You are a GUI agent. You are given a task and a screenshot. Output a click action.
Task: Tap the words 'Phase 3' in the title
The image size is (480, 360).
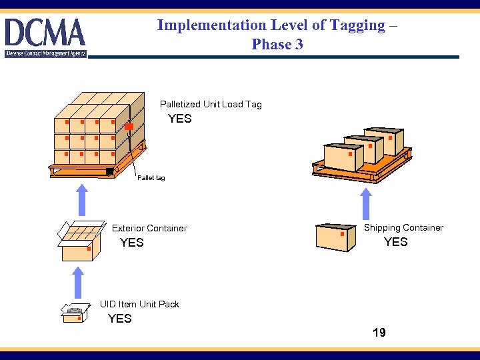tap(277, 45)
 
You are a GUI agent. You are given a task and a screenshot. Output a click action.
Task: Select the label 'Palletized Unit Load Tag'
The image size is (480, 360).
tap(211, 104)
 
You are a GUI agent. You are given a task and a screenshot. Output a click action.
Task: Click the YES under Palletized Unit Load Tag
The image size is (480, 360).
tap(179, 119)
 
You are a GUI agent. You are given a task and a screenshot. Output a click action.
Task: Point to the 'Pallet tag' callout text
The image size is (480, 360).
tap(151, 178)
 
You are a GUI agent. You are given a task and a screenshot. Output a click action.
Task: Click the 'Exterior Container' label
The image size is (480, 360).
tap(149, 228)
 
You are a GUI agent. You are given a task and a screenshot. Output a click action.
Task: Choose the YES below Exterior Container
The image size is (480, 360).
tap(131, 243)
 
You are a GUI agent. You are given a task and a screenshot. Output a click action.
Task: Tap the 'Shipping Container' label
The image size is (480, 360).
tap(403, 227)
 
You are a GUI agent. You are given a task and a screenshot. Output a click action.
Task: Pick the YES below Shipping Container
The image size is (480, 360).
tap(395, 242)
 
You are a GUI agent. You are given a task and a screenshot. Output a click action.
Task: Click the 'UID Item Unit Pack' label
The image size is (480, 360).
tap(139, 304)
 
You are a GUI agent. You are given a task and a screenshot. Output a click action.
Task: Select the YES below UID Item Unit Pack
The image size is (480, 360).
tap(120, 319)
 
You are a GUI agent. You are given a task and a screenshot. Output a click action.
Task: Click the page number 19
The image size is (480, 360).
tap(379, 333)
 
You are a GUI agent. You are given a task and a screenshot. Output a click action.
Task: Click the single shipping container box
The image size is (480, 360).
tap(333, 237)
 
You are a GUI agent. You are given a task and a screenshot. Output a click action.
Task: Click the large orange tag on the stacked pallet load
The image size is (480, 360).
tap(129, 127)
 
